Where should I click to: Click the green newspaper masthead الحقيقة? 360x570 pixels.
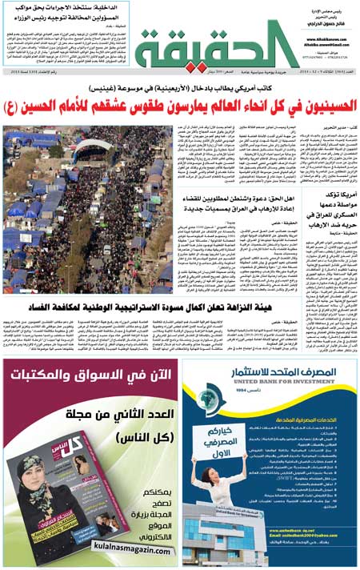(x=216, y=44)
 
